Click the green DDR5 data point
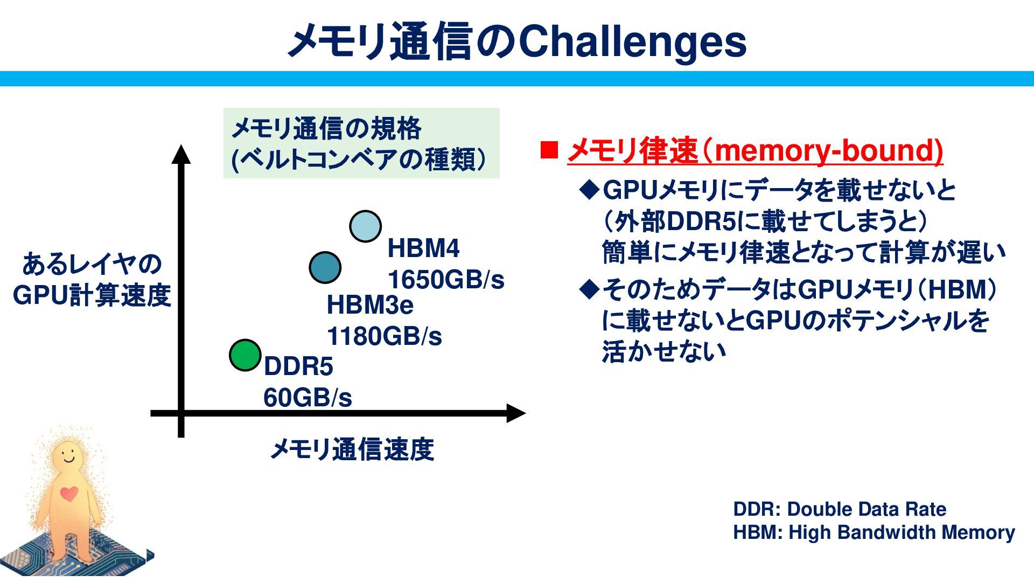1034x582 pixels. coord(245,355)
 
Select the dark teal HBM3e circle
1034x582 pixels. coord(325,267)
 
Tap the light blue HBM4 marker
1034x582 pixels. coord(365,226)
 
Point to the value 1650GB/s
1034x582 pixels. coord(446,280)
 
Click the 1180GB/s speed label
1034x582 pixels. coord(384,337)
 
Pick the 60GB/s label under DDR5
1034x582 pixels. coord(308,398)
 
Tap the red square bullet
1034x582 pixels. coord(549,150)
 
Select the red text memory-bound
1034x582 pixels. coord(829,150)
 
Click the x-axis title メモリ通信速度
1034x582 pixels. coord(352,449)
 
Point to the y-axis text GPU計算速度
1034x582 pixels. coord(92,295)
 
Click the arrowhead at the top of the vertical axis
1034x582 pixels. coord(181,154)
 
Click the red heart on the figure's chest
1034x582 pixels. coord(68,493)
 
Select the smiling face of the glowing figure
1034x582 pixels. coord(68,455)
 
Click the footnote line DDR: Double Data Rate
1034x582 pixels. coord(840,509)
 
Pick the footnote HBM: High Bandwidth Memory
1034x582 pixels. coord(874,532)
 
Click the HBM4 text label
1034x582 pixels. coord(423,248)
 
